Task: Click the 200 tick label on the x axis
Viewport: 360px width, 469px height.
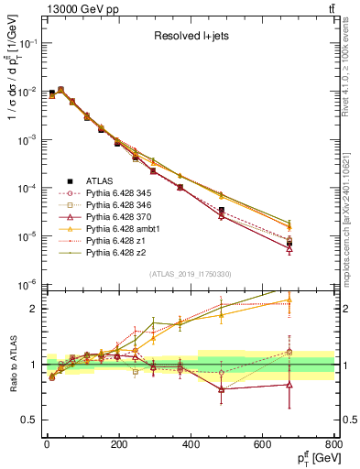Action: coord(118,443)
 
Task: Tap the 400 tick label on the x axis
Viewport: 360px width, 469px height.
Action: coord(191,443)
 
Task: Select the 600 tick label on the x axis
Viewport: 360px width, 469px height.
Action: coord(263,443)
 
